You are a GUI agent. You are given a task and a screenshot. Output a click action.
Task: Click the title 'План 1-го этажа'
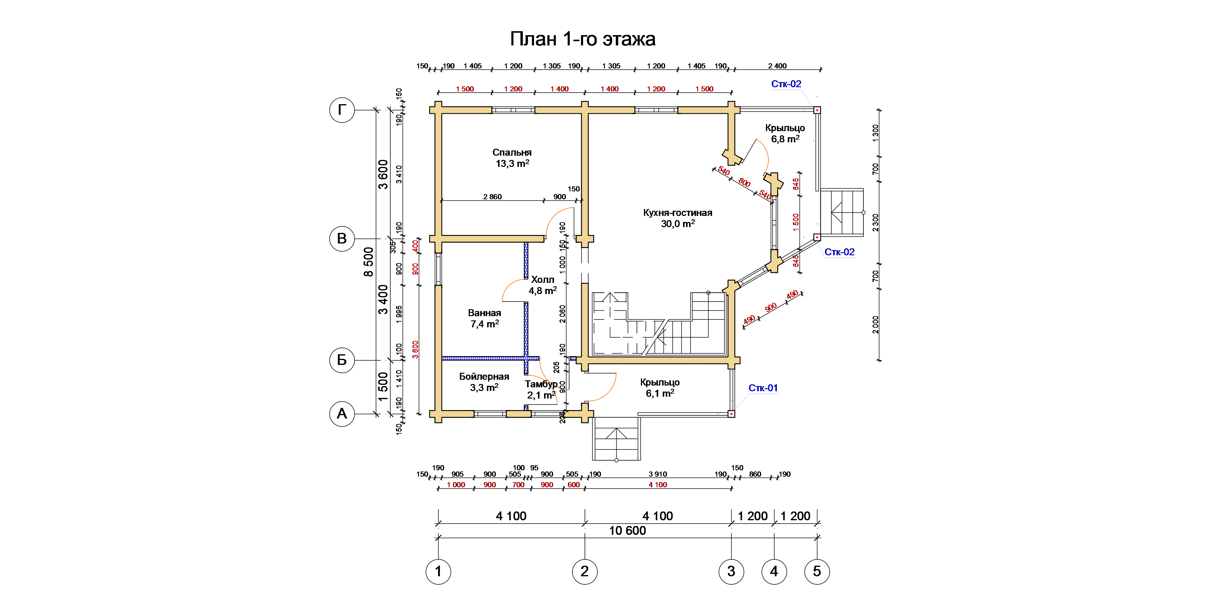(582, 39)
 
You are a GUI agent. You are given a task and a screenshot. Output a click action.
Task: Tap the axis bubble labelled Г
(342, 110)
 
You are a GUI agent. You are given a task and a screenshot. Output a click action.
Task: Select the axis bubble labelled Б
(342, 360)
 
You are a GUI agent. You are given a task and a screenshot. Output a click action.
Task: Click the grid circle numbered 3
(731, 572)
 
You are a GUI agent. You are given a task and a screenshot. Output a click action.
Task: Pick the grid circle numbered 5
(817, 572)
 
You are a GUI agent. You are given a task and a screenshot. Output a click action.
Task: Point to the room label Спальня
(512, 152)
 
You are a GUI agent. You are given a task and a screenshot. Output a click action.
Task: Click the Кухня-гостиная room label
(678, 213)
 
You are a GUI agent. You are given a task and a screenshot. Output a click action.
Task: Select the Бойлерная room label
(484, 376)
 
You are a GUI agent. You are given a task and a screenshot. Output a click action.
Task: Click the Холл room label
(543, 280)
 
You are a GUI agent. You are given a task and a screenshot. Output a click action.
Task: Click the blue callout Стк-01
(763, 388)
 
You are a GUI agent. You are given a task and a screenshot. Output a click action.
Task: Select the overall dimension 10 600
(628, 531)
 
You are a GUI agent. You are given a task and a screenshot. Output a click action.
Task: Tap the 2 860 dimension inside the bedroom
(492, 197)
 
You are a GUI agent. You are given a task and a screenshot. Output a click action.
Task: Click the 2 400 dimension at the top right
(777, 66)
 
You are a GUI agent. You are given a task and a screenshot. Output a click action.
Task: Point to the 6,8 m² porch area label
(785, 139)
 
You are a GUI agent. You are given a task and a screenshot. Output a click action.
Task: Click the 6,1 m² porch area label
(660, 393)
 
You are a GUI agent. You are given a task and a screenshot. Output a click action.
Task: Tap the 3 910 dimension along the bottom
(658, 474)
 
